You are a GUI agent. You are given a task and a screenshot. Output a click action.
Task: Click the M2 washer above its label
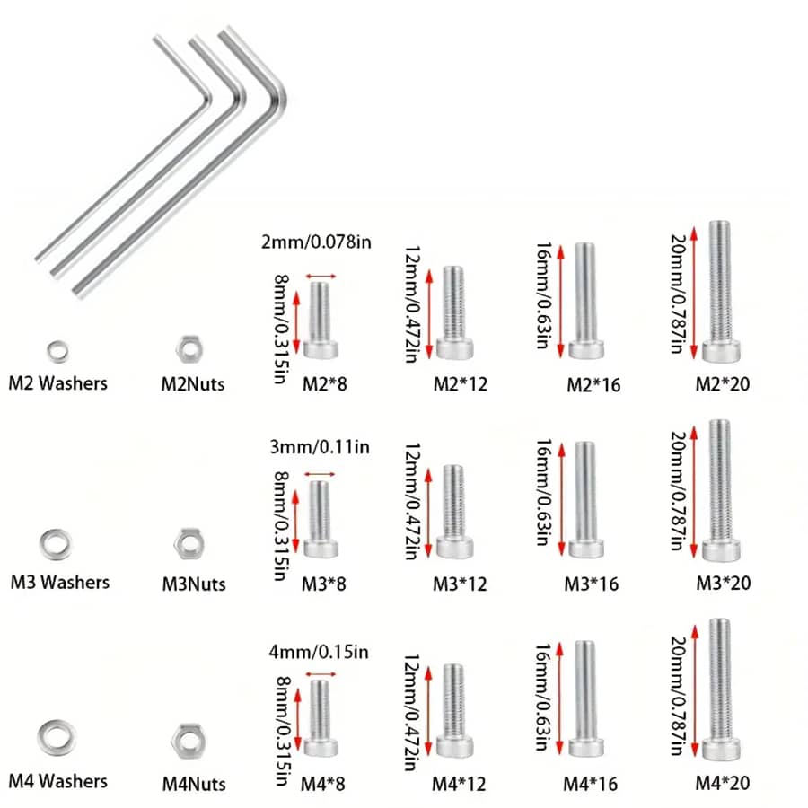tap(57, 347)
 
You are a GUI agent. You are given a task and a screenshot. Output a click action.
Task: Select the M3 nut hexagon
tap(188, 541)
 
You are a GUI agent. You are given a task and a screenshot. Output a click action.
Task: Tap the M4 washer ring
tap(56, 736)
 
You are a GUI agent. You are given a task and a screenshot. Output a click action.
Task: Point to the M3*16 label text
tap(592, 583)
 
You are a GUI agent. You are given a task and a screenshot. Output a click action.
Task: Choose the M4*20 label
tap(723, 782)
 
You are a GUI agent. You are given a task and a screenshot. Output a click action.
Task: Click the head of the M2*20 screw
tap(724, 350)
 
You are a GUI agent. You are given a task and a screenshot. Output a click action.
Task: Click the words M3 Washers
tap(59, 582)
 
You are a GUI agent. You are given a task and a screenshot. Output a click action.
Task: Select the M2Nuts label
tap(193, 384)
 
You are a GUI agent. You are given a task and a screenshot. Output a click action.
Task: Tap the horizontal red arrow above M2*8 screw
tap(321, 276)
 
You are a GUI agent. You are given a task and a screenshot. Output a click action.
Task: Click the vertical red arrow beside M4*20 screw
tap(694, 688)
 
